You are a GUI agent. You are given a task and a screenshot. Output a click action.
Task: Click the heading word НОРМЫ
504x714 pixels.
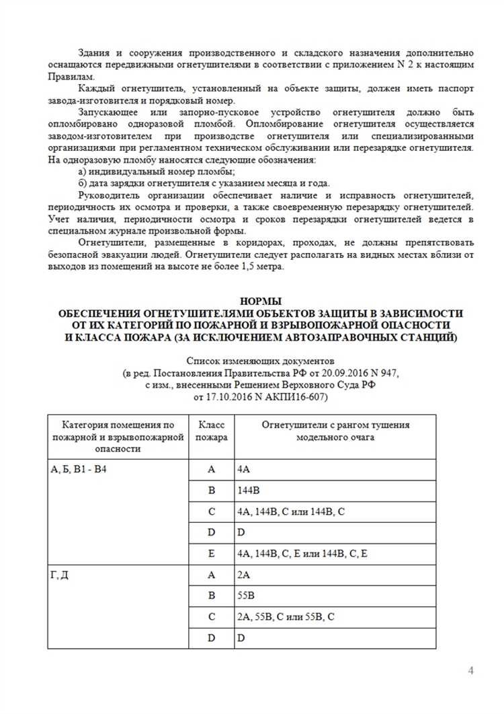261,301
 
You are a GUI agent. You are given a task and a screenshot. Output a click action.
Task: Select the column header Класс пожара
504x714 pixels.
211,431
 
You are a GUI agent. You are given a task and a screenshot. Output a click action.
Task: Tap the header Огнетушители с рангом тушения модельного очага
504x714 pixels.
335,431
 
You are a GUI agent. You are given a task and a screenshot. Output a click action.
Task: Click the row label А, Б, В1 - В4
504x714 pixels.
79,469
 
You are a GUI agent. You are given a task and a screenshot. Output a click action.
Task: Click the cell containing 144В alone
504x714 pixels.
249,490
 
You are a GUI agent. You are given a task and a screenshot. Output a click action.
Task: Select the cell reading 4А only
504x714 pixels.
244,469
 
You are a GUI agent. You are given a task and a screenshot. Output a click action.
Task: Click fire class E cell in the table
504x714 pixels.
211,553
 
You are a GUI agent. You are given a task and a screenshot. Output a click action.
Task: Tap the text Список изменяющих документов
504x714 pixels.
261,360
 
